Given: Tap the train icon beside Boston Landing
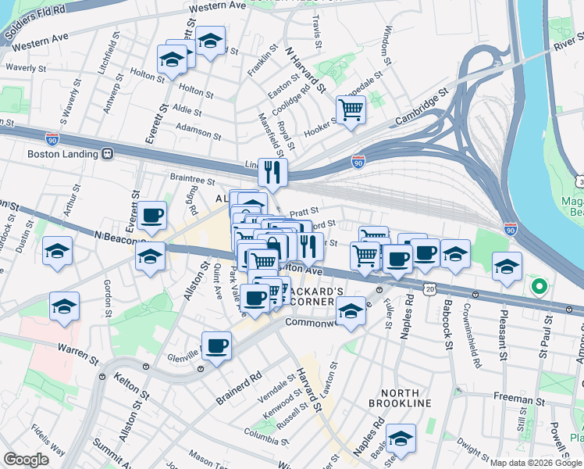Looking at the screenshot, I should [x=107, y=154].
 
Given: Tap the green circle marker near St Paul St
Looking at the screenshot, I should [x=538, y=287].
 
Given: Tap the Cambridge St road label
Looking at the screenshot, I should [x=423, y=108].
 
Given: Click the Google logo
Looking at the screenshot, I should [x=26, y=460].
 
